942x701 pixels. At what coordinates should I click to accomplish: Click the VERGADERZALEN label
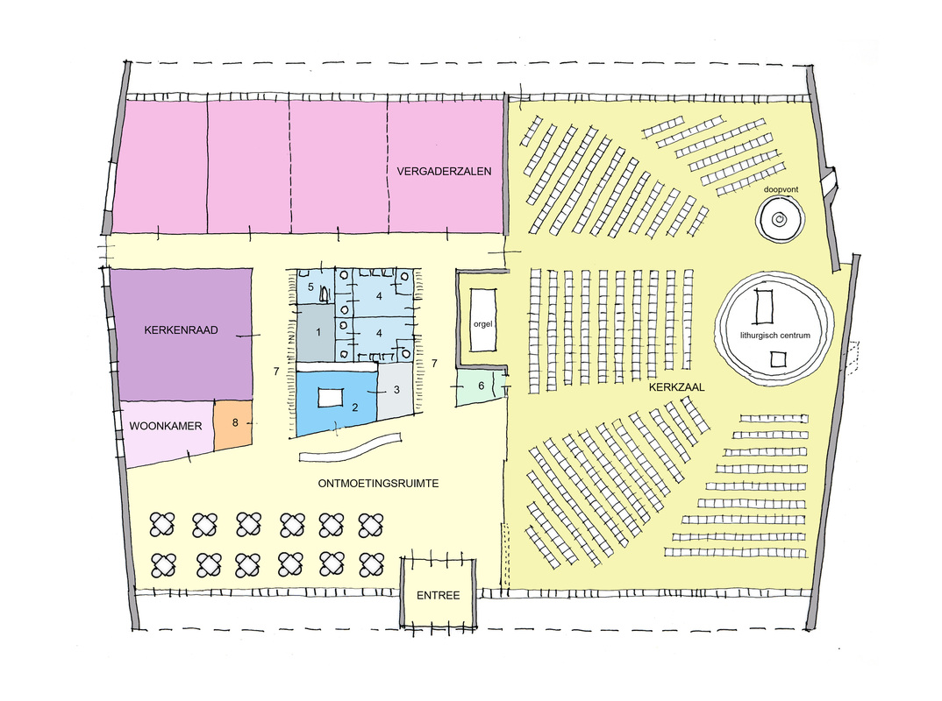tap(443, 171)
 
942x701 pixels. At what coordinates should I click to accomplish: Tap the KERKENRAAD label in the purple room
tap(182, 330)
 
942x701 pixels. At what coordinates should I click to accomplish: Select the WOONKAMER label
tap(166, 427)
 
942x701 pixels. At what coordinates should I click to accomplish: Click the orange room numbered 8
tap(234, 422)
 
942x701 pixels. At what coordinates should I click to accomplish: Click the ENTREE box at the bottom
tap(439, 595)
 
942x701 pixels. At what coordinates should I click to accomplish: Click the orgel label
tap(483, 323)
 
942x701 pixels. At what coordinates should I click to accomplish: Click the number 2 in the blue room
tap(355, 407)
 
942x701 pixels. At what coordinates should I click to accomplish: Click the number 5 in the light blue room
tap(310, 287)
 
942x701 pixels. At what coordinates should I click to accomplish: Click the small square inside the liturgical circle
tap(775, 359)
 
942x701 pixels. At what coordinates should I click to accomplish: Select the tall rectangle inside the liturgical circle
tap(763, 306)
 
